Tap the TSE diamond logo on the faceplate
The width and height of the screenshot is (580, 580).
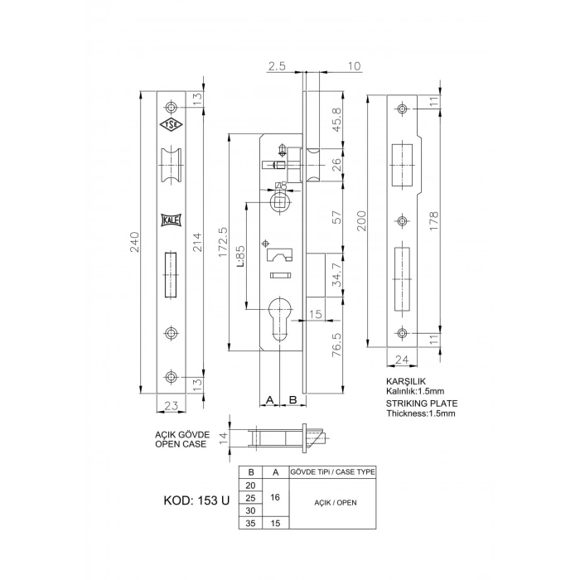click(171, 126)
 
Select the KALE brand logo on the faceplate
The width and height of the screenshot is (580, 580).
click(171, 220)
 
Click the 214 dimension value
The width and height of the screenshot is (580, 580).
click(198, 243)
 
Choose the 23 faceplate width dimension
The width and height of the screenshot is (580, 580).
click(170, 406)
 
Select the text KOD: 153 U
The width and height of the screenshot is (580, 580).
click(191, 500)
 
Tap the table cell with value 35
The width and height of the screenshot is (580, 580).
click(250, 524)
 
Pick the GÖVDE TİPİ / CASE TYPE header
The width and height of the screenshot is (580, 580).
click(332, 471)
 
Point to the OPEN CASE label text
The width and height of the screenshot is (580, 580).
click(179, 444)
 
